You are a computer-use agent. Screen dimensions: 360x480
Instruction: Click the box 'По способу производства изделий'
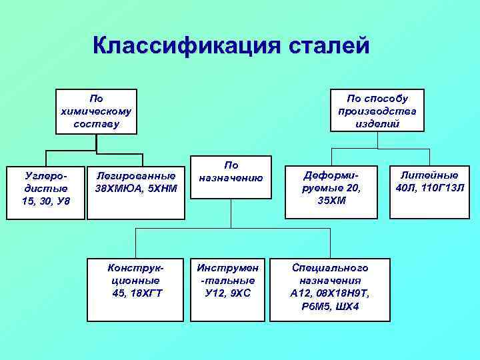[x=377, y=111]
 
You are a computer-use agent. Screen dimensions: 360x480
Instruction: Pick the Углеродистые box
[x=46, y=191]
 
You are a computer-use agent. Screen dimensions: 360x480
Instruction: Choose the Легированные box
[x=136, y=191]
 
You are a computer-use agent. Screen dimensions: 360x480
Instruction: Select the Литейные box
[x=427, y=191]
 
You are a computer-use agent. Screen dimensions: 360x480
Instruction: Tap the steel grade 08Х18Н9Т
[x=345, y=293]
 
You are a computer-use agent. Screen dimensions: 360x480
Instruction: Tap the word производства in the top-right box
[x=377, y=111]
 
